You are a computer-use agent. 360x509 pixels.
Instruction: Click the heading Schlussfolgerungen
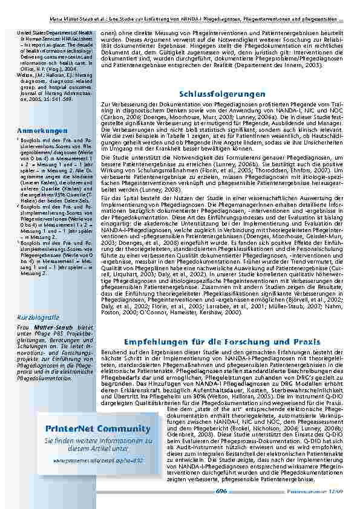click(x=222, y=95)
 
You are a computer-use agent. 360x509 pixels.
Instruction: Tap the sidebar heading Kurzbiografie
click(x=38, y=317)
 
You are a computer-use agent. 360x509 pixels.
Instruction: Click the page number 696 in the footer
click(x=221, y=491)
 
